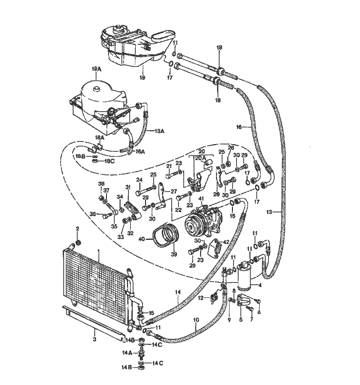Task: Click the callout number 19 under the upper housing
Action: click(142, 78)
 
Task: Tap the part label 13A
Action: click(158, 131)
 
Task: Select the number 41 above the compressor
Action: click(202, 199)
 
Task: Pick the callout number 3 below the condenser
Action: click(94, 339)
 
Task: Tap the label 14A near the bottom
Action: click(126, 353)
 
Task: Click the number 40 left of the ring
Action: click(141, 238)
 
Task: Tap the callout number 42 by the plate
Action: click(226, 241)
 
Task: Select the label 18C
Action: click(110, 161)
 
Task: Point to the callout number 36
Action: click(93, 214)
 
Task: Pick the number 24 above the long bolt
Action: click(139, 180)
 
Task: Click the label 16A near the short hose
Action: click(140, 151)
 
